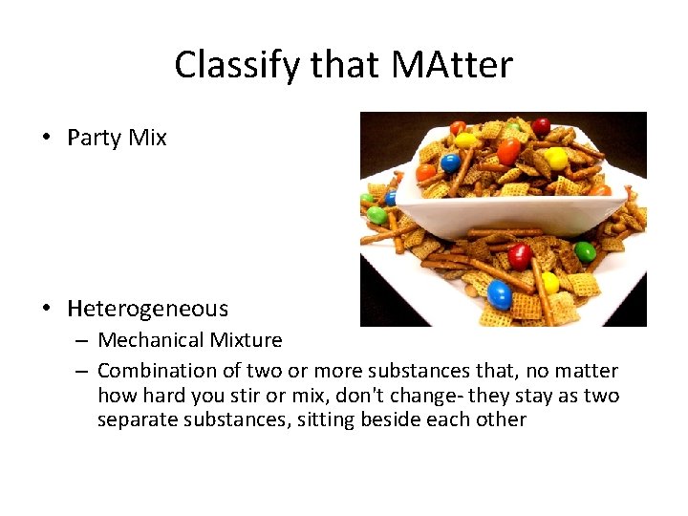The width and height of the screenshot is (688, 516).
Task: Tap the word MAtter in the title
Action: point(453,65)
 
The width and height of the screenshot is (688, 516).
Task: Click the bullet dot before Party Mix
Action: point(47,138)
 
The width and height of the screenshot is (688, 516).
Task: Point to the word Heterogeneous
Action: point(148,309)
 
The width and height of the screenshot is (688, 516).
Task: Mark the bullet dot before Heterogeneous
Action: point(47,309)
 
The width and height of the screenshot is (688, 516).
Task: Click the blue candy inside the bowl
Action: point(450,163)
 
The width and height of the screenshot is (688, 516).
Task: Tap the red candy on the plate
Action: point(519,256)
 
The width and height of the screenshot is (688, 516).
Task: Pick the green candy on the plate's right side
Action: point(585,252)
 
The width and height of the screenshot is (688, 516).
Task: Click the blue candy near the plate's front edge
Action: point(500,294)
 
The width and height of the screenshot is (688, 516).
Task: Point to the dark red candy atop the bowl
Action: point(542,126)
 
